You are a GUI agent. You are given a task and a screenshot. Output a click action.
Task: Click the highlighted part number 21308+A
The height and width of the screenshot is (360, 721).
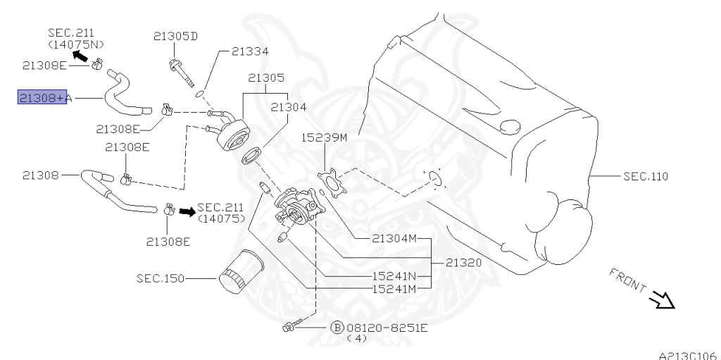tap(42, 99)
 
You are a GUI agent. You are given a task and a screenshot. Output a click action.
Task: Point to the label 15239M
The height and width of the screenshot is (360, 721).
tap(325, 137)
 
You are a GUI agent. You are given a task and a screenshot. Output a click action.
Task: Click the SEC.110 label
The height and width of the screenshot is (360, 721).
tap(645, 175)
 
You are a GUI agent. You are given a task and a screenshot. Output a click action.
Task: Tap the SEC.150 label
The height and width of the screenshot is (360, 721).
tap(160, 279)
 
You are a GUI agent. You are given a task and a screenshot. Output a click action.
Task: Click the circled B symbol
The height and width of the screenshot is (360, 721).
tap(337, 328)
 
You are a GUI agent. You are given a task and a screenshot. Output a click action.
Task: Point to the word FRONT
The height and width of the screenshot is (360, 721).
tap(627, 280)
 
